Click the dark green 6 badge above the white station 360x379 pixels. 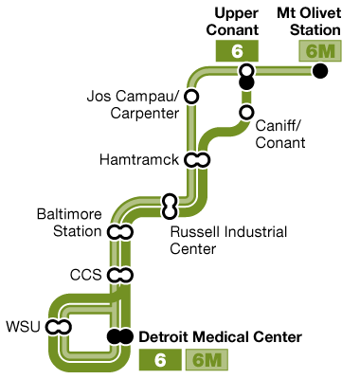(x=237, y=51)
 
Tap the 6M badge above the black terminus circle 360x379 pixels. (x=319, y=51)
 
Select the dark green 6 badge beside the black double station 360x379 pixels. (x=160, y=360)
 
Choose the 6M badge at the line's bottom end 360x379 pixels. (x=207, y=360)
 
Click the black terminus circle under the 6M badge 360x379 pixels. (x=320, y=71)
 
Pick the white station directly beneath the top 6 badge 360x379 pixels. (x=246, y=70)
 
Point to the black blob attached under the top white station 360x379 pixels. (x=246, y=83)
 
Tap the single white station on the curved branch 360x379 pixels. (x=246, y=113)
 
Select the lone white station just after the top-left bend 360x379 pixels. (x=191, y=97)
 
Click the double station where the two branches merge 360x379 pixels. (x=197, y=159)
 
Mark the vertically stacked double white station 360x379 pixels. (x=170, y=206)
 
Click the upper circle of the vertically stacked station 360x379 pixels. (x=170, y=200)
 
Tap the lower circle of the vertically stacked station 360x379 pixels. (x=170, y=212)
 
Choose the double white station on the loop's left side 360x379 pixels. (x=58, y=327)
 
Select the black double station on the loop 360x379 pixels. (x=119, y=336)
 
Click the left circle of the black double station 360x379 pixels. (x=114, y=336)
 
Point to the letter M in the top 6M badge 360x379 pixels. (x=330, y=51)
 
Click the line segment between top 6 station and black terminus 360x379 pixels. (x=284, y=71)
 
